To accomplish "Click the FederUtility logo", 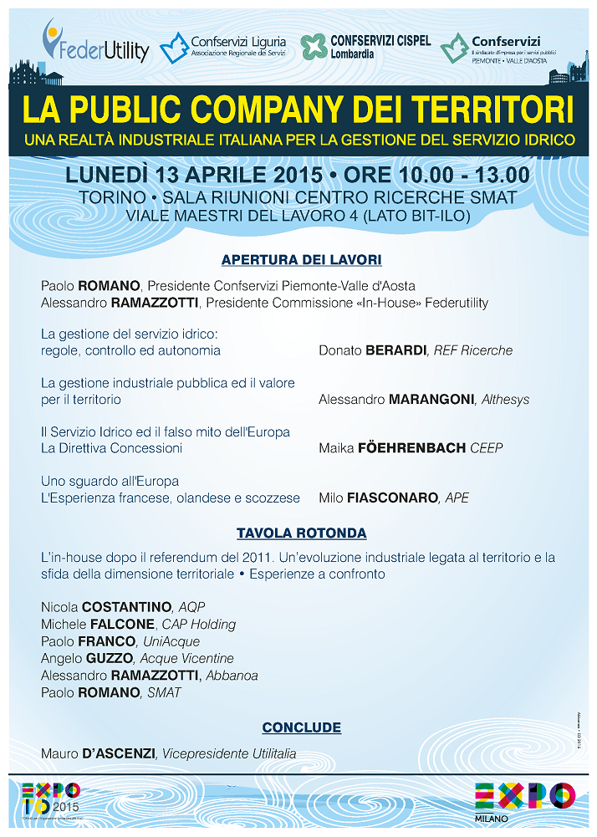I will [x=95, y=43].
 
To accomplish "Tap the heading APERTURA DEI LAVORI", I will [x=301, y=260].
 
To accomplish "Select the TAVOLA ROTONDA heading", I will [x=301, y=533].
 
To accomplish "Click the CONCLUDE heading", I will [x=301, y=727].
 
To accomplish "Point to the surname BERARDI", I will [x=395, y=350].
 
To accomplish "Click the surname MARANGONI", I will [x=426, y=400].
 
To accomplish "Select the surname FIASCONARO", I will [x=390, y=498].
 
